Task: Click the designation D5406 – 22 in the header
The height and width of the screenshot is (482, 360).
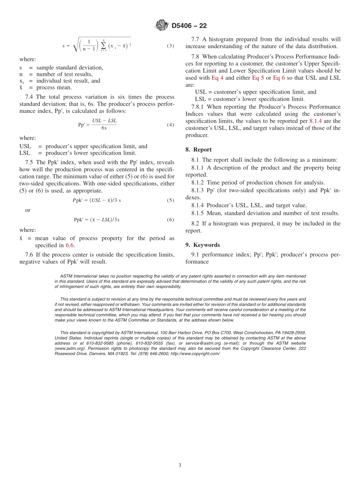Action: coord(189,26)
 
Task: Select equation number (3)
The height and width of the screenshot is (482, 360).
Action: coord(171,46)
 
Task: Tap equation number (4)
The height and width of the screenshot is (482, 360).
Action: coord(171,125)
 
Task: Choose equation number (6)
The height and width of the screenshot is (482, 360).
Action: coord(171,219)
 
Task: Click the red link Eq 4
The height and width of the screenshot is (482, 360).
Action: coord(217,78)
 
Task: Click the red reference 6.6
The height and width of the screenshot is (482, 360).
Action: coord(70,245)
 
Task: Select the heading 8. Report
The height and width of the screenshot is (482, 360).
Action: coord(199,150)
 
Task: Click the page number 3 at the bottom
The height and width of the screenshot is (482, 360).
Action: coord(180,465)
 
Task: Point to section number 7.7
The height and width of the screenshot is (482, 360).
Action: coord(196,39)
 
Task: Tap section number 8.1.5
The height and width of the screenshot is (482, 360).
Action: coord(197,213)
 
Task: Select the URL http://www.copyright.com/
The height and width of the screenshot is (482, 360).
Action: coord(195,354)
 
